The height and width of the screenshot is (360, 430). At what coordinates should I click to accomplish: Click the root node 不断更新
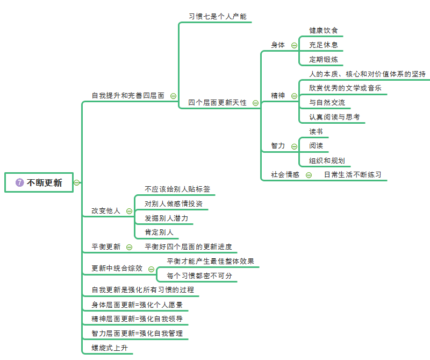44,182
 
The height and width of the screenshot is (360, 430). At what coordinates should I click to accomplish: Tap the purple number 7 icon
20,182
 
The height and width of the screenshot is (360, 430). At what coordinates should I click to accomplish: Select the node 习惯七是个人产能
217,16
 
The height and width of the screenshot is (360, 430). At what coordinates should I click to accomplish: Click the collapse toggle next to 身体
294,45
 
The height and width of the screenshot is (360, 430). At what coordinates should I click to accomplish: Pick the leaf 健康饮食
323,31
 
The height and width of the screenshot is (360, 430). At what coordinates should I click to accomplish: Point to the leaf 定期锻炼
323,59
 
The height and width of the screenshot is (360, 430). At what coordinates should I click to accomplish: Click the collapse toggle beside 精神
294,96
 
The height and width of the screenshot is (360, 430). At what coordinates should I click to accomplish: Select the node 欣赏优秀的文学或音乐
345,88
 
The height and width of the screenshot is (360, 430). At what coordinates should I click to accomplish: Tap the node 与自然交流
327,102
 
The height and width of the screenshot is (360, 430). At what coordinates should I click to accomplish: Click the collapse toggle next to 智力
294,146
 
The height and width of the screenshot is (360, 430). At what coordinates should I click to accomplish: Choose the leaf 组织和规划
327,160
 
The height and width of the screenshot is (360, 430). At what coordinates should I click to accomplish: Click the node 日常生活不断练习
353,174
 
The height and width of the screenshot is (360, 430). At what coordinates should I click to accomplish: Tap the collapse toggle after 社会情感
309,174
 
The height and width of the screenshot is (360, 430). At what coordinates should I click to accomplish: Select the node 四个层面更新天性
217,102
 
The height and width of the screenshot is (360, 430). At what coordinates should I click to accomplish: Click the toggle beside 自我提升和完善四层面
173,96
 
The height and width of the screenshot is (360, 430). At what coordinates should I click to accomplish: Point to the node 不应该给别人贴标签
177,189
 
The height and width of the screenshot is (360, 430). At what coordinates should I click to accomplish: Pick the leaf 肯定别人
159,232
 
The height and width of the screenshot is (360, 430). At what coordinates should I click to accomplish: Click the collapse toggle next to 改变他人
129,211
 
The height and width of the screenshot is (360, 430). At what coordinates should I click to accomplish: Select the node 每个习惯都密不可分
199,276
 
